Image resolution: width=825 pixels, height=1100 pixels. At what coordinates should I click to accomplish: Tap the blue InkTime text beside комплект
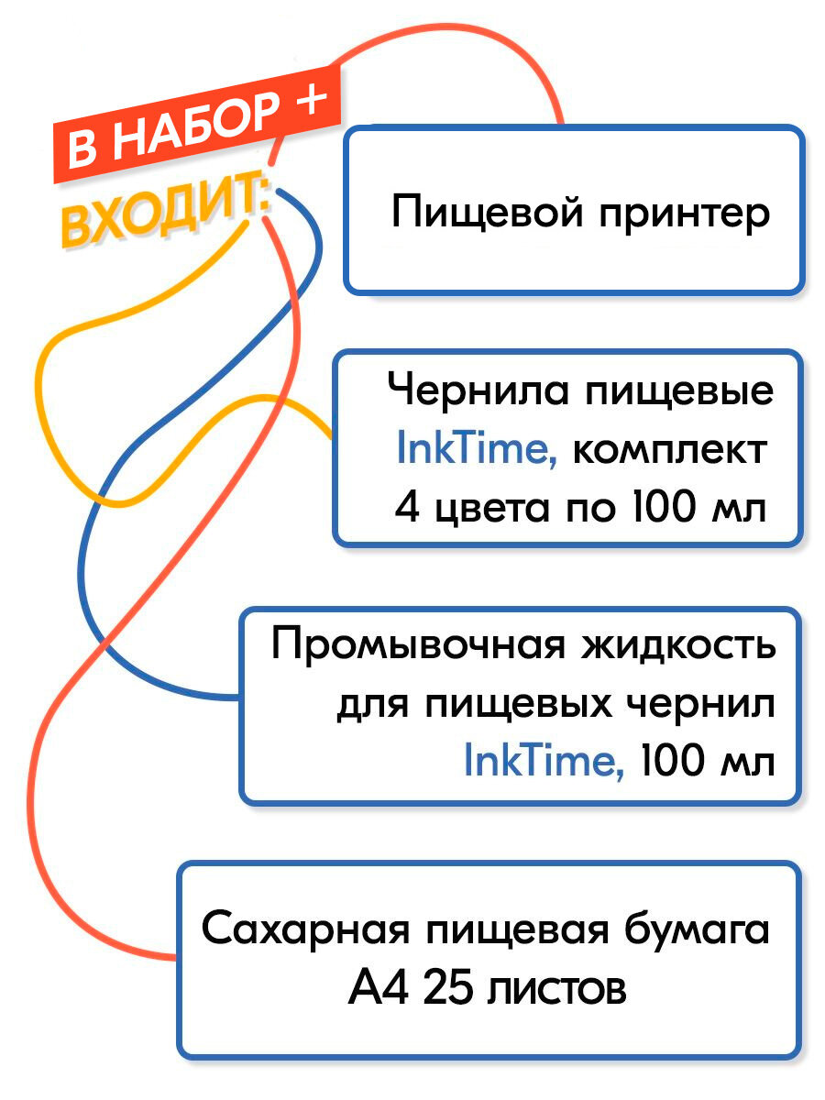tap(476, 450)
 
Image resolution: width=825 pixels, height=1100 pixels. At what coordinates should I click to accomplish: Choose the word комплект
tap(670, 450)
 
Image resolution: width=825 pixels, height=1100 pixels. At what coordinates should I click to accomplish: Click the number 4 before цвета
tap(406, 507)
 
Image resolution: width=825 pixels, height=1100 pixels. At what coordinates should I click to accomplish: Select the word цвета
tap(487, 507)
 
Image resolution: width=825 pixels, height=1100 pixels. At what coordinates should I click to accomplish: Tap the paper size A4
tap(375, 990)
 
